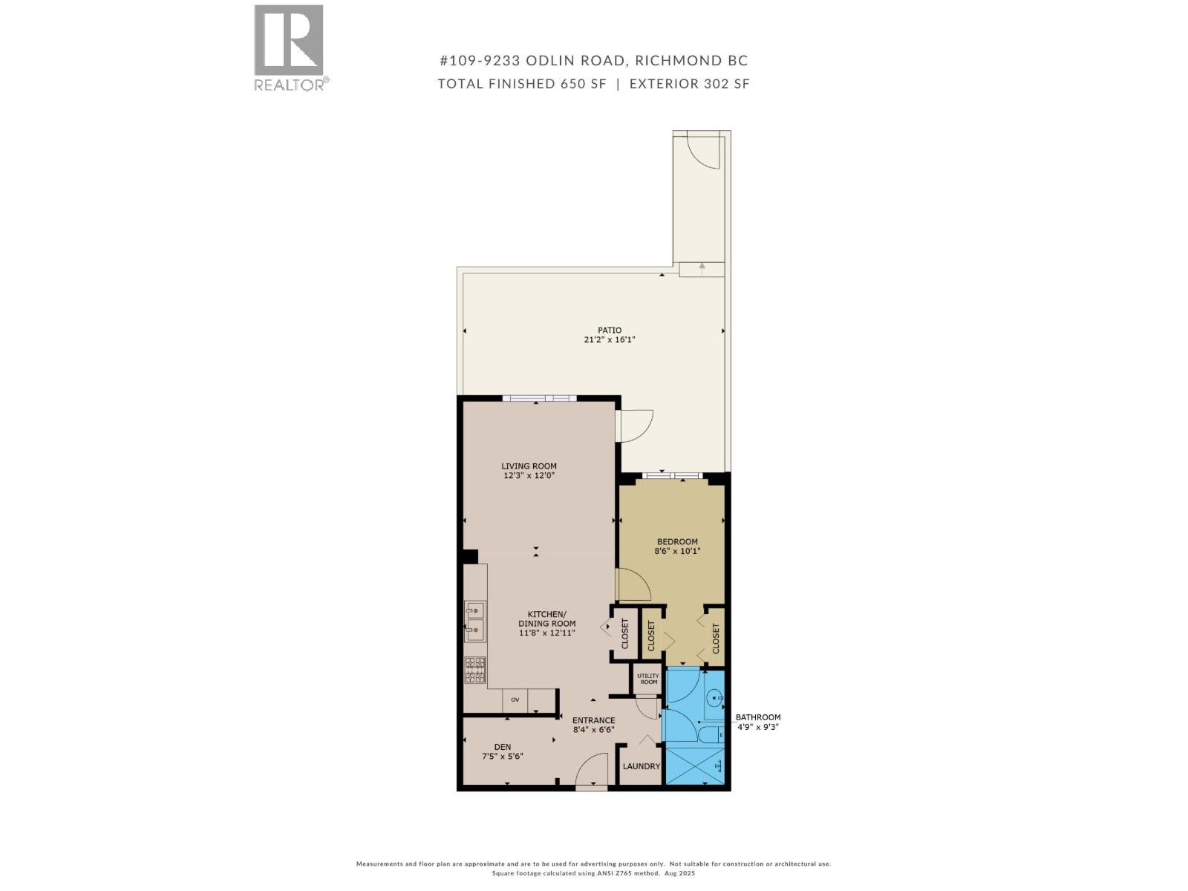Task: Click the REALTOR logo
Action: click(290, 47)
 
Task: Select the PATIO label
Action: click(610, 330)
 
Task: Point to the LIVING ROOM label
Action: click(529, 466)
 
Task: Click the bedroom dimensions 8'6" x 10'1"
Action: click(677, 551)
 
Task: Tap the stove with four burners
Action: click(475, 670)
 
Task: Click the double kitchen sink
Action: click(474, 621)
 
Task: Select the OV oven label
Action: click(515, 699)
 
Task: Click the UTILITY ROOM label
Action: click(647, 679)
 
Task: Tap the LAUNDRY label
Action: click(641, 766)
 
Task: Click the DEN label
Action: click(503, 747)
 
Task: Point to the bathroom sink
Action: click(714, 698)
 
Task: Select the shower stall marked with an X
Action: click(695, 765)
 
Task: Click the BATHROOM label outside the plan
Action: click(757, 717)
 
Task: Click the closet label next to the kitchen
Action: click(624, 633)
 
